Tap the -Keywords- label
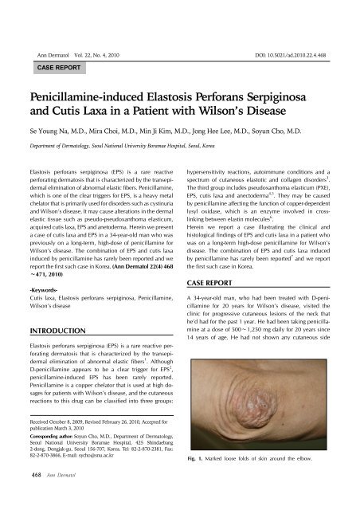click(x=45, y=266)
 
